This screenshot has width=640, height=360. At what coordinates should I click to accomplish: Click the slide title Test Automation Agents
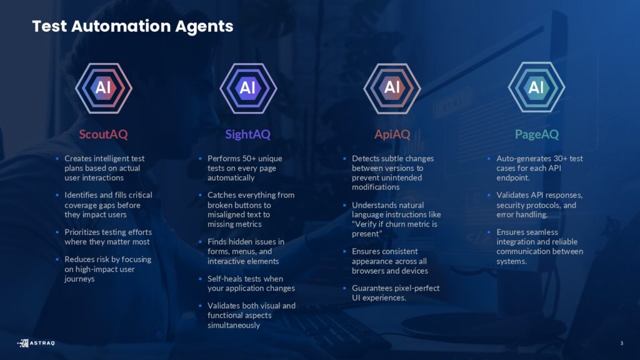click(x=132, y=26)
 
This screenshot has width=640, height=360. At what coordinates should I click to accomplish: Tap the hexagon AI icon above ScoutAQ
click(x=104, y=87)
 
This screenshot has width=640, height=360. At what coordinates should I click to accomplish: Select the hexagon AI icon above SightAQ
click(x=248, y=87)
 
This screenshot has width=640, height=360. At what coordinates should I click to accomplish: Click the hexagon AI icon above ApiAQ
click(x=392, y=87)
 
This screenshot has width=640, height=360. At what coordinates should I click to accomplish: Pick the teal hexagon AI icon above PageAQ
click(x=536, y=87)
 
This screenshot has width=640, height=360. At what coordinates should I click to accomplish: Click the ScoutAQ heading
click(x=103, y=134)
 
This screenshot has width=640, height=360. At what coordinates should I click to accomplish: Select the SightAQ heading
click(x=247, y=134)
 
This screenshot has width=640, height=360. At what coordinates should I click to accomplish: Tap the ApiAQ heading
click(x=392, y=134)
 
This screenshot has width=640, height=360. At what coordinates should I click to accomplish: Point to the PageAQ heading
click(x=536, y=134)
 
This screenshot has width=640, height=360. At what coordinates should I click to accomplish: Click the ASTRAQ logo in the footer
click(x=36, y=343)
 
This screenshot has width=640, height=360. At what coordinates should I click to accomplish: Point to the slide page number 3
click(x=622, y=343)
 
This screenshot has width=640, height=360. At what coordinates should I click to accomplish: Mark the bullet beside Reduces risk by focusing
click(x=57, y=259)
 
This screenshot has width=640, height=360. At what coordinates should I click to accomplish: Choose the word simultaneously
click(x=234, y=325)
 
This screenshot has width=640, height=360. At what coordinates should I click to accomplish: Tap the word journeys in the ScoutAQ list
click(x=79, y=279)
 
